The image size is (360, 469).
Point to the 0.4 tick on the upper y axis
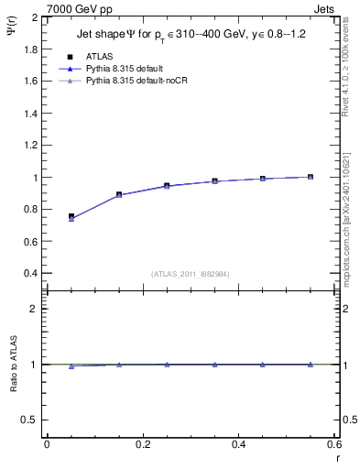[x=31, y=273]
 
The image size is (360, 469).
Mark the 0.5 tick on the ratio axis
[x=31, y=420]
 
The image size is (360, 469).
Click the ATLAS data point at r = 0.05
[x=71, y=216]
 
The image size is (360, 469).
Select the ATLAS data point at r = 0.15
[x=119, y=194]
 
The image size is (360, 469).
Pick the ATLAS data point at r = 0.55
[x=311, y=177]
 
